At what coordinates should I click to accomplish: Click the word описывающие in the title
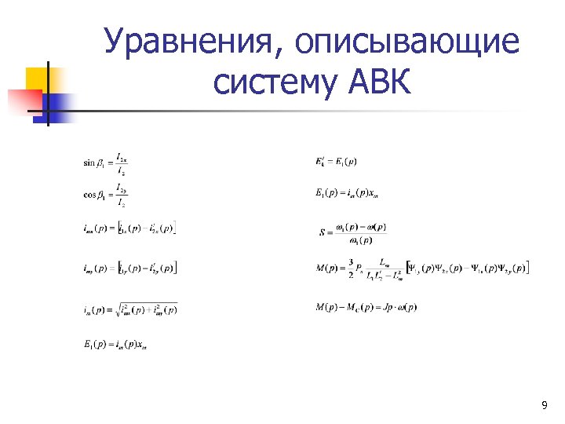pyautogui.click(x=408, y=42)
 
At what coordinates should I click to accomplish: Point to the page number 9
pyautogui.click(x=545, y=405)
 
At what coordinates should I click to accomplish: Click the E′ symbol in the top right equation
pyautogui.click(x=321, y=162)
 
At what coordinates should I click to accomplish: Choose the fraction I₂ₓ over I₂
pyautogui.click(x=122, y=163)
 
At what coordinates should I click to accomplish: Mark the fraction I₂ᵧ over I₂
pyautogui.click(x=122, y=196)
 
